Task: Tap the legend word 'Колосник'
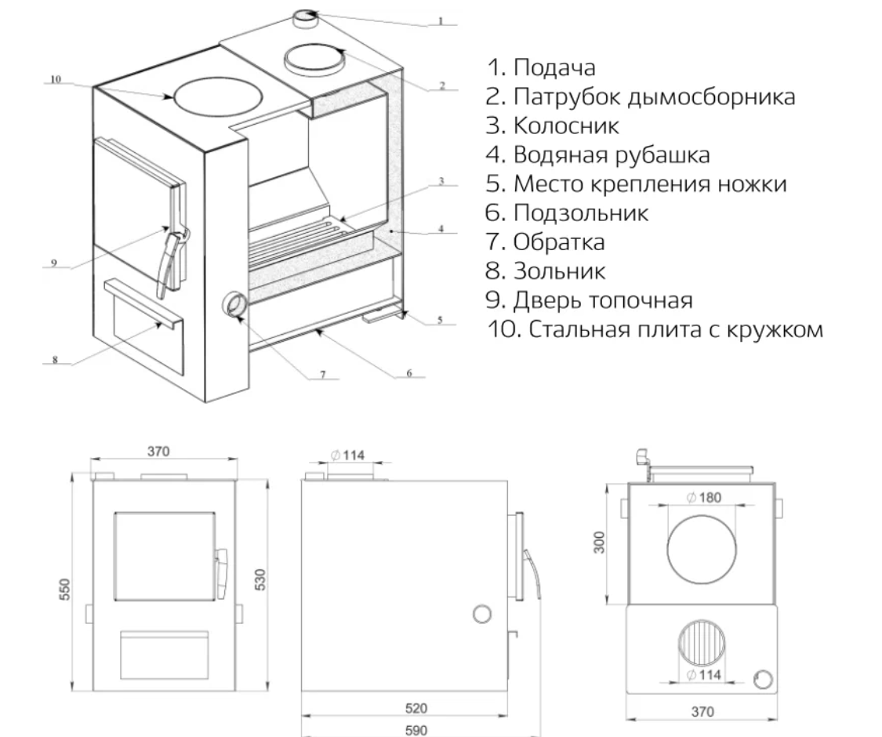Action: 554,125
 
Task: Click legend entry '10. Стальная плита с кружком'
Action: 655,329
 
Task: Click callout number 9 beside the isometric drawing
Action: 54,264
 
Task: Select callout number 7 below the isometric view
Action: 322,376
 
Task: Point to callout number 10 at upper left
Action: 54,78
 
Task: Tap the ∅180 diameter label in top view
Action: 702,498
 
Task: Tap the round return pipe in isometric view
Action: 234,304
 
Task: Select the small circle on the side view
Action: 483,614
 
